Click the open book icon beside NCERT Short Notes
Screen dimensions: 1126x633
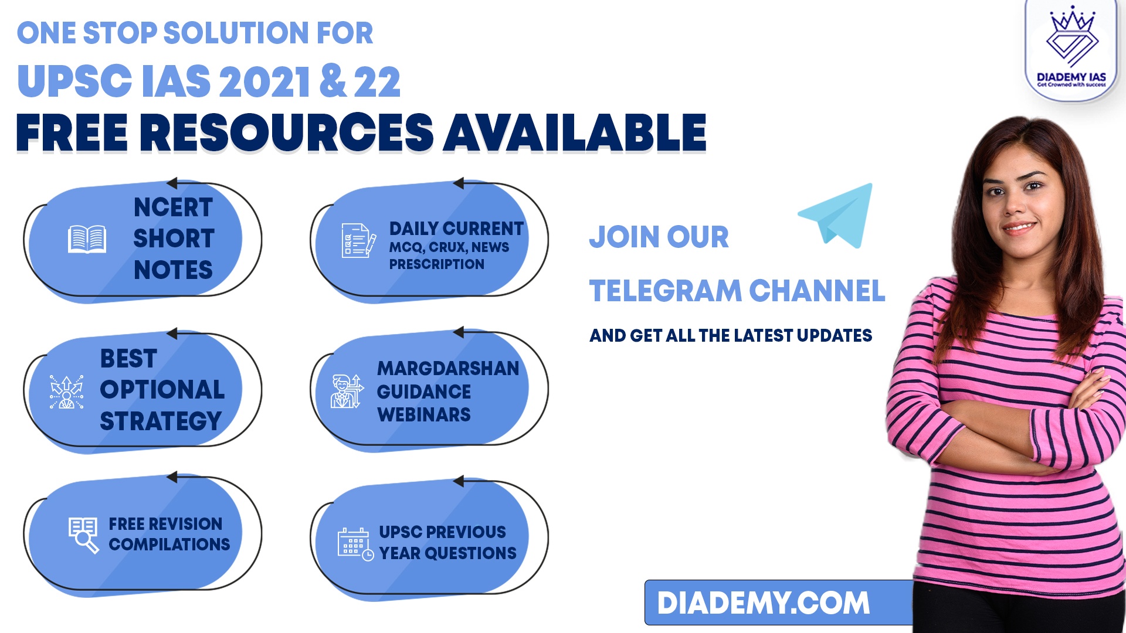[87, 239]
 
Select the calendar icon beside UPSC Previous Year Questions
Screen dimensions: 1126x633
[355, 544]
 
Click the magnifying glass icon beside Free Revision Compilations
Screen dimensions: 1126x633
[83, 535]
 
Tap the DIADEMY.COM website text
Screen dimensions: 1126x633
[764, 603]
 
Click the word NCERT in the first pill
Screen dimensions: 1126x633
[173, 207]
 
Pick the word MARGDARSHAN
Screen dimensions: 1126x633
[448, 368]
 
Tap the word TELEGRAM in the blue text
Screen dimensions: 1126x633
[666, 291]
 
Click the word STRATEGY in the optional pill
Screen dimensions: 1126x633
[161, 421]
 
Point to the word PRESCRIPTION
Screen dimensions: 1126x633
[437, 264]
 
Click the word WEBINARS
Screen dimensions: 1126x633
[424, 414]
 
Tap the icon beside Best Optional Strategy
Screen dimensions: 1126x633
[66, 392]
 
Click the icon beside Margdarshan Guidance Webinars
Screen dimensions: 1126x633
[347, 391]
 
